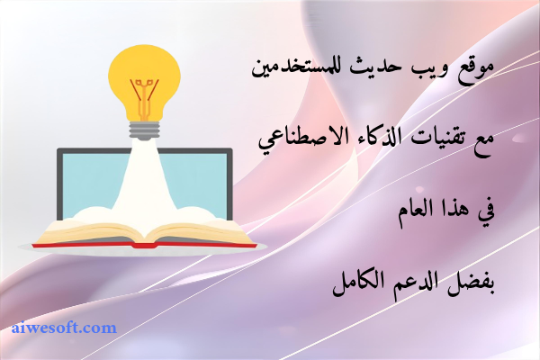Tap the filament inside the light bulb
click(143, 91)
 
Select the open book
click(144, 233)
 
